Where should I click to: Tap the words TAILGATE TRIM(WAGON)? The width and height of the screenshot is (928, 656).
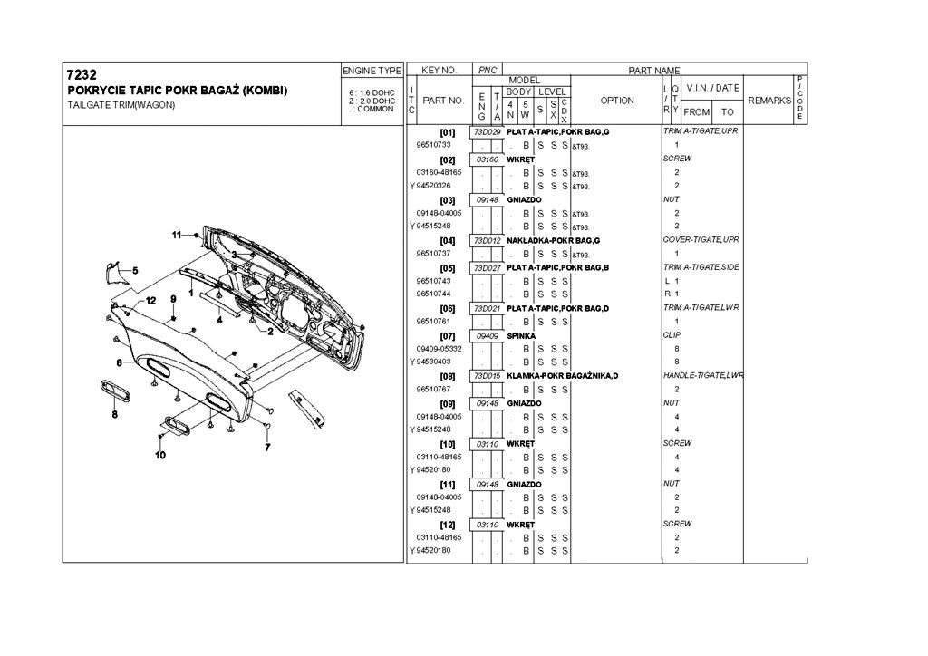[121, 105]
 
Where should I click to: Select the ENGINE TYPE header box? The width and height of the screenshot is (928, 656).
[372, 70]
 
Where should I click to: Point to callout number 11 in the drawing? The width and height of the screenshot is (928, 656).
[178, 236]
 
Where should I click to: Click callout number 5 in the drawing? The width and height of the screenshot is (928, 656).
[135, 270]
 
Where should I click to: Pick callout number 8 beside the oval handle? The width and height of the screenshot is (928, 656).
[115, 415]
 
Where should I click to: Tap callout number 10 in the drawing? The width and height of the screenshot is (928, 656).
[159, 455]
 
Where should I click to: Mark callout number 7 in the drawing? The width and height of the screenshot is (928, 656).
[267, 448]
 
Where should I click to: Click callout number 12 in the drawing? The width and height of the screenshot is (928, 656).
[150, 299]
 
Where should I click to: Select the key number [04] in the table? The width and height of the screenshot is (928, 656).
[447, 240]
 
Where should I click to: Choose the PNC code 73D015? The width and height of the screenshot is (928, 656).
[488, 375]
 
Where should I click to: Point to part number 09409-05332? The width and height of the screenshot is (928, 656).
[440, 348]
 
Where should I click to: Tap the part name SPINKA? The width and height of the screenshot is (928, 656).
[521, 335]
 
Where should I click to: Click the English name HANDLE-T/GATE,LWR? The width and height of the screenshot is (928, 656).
[703, 375]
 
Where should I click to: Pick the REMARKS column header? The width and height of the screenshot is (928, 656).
[769, 101]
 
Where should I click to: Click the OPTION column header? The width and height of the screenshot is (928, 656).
[617, 101]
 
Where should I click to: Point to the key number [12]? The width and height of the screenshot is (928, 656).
[447, 525]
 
